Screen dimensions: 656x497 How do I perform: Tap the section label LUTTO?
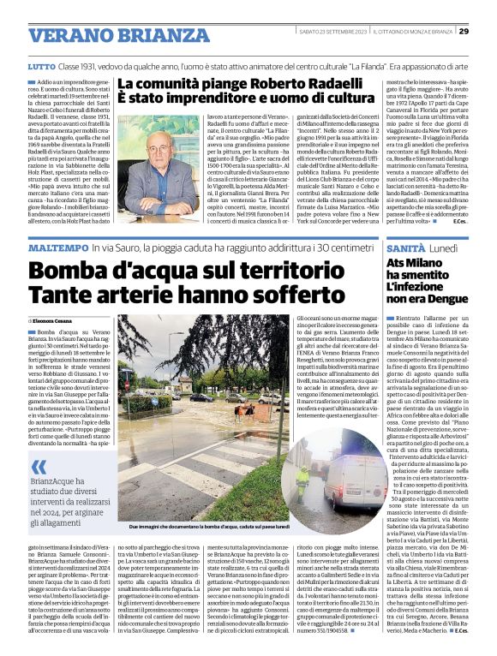[40, 66]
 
